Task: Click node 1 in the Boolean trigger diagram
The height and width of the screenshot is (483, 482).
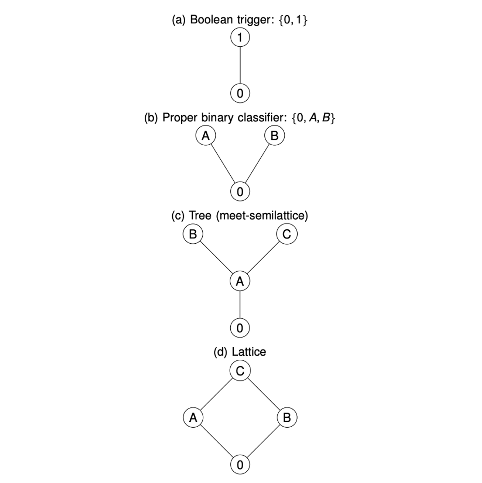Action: click(x=240, y=38)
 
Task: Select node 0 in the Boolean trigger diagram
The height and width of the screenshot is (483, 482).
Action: click(x=240, y=93)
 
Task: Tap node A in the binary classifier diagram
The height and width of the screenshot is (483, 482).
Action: click(x=205, y=135)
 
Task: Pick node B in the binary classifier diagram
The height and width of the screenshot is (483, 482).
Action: click(x=274, y=135)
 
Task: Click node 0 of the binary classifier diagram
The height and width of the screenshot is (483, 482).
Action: click(x=240, y=191)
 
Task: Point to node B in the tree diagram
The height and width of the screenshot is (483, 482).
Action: click(x=193, y=234)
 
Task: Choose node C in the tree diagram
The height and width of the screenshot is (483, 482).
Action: click(x=287, y=234)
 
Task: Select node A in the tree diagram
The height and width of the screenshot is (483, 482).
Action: click(x=240, y=281)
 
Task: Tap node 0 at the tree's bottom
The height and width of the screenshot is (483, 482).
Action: click(x=240, y=328)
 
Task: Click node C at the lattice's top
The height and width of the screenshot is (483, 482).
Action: click(x=240, y=371)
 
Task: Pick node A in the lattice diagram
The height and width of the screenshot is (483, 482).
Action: click(x=193, y=417)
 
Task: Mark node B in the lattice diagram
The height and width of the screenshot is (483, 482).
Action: click(x=287, y=417)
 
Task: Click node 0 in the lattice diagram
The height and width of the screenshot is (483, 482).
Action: click(x=240, y=465)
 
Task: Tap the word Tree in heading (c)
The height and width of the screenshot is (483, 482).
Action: click(x=200, y=215)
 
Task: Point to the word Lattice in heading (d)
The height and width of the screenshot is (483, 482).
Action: click(x=249, y=352)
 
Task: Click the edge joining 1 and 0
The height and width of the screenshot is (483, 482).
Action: click(x=240, y=65)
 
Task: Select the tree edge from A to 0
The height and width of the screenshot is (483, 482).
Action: click(x=240, y=304)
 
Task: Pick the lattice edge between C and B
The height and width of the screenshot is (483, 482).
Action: click(x=263, y=394)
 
